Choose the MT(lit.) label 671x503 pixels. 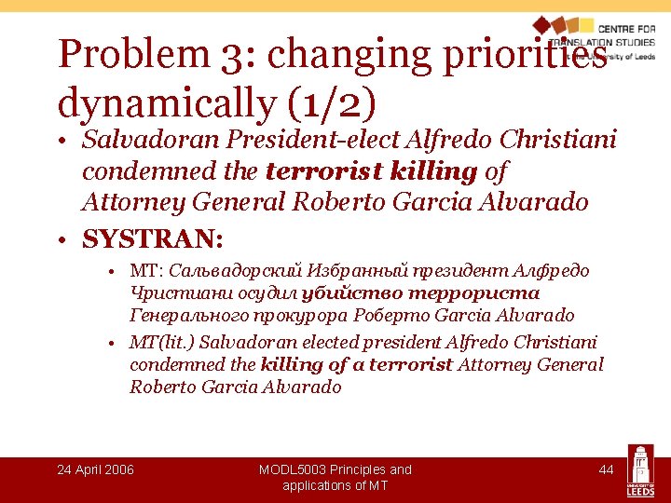tap(163, 342)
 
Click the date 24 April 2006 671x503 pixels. tap(95, 469)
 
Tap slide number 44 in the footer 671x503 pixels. tap(606, 469)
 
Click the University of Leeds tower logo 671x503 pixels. tap(640, 470)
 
